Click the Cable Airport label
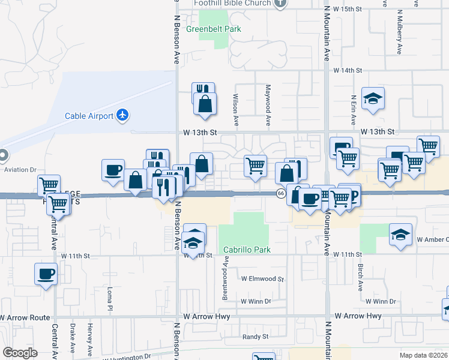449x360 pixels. click(x=89, y=116)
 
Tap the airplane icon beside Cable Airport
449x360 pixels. click(x=123, y=115)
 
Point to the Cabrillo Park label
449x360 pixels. click(x=247, y=250)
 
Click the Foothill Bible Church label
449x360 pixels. click(x=232, y=2)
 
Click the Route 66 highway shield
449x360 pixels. click(x=280, y=193)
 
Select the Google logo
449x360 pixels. click(x=19, y=353)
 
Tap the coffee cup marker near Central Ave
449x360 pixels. click(x=46, y=274)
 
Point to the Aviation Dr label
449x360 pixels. click(x=21, y=170)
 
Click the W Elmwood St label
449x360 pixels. click(x=262, y=279)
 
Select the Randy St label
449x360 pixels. click(x=256, y=337)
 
